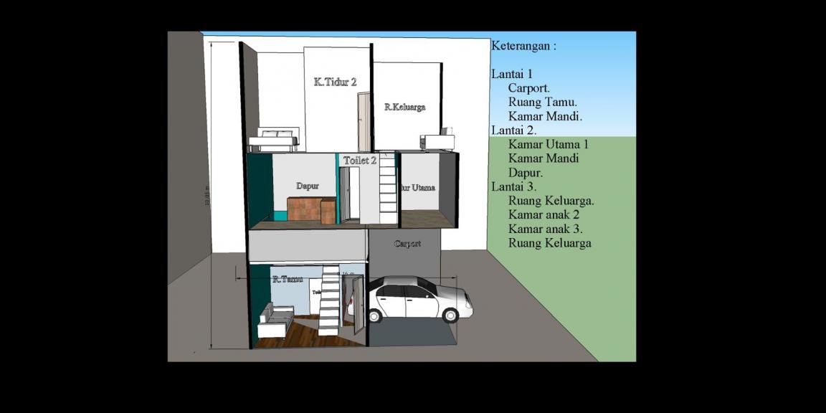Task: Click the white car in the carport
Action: (419, 299)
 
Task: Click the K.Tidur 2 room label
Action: (335, 82)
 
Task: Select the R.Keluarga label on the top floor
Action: (404, 107)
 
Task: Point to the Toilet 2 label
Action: (359, 161)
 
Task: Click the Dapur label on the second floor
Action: (308, 186)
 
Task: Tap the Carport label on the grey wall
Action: (407, 244)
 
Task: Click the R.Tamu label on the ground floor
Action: (287, 279)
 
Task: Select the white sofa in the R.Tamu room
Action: (275, 321)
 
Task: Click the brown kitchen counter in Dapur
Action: (311, 210)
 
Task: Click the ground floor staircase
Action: (329, 301)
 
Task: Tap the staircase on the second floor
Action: (387, 188)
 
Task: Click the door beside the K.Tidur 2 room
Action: (364, 122)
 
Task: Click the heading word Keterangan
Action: (523, 46)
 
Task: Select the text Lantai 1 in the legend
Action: (512, 74)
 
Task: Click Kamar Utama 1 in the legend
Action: (549, 144)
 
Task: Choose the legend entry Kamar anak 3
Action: (545, 229)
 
